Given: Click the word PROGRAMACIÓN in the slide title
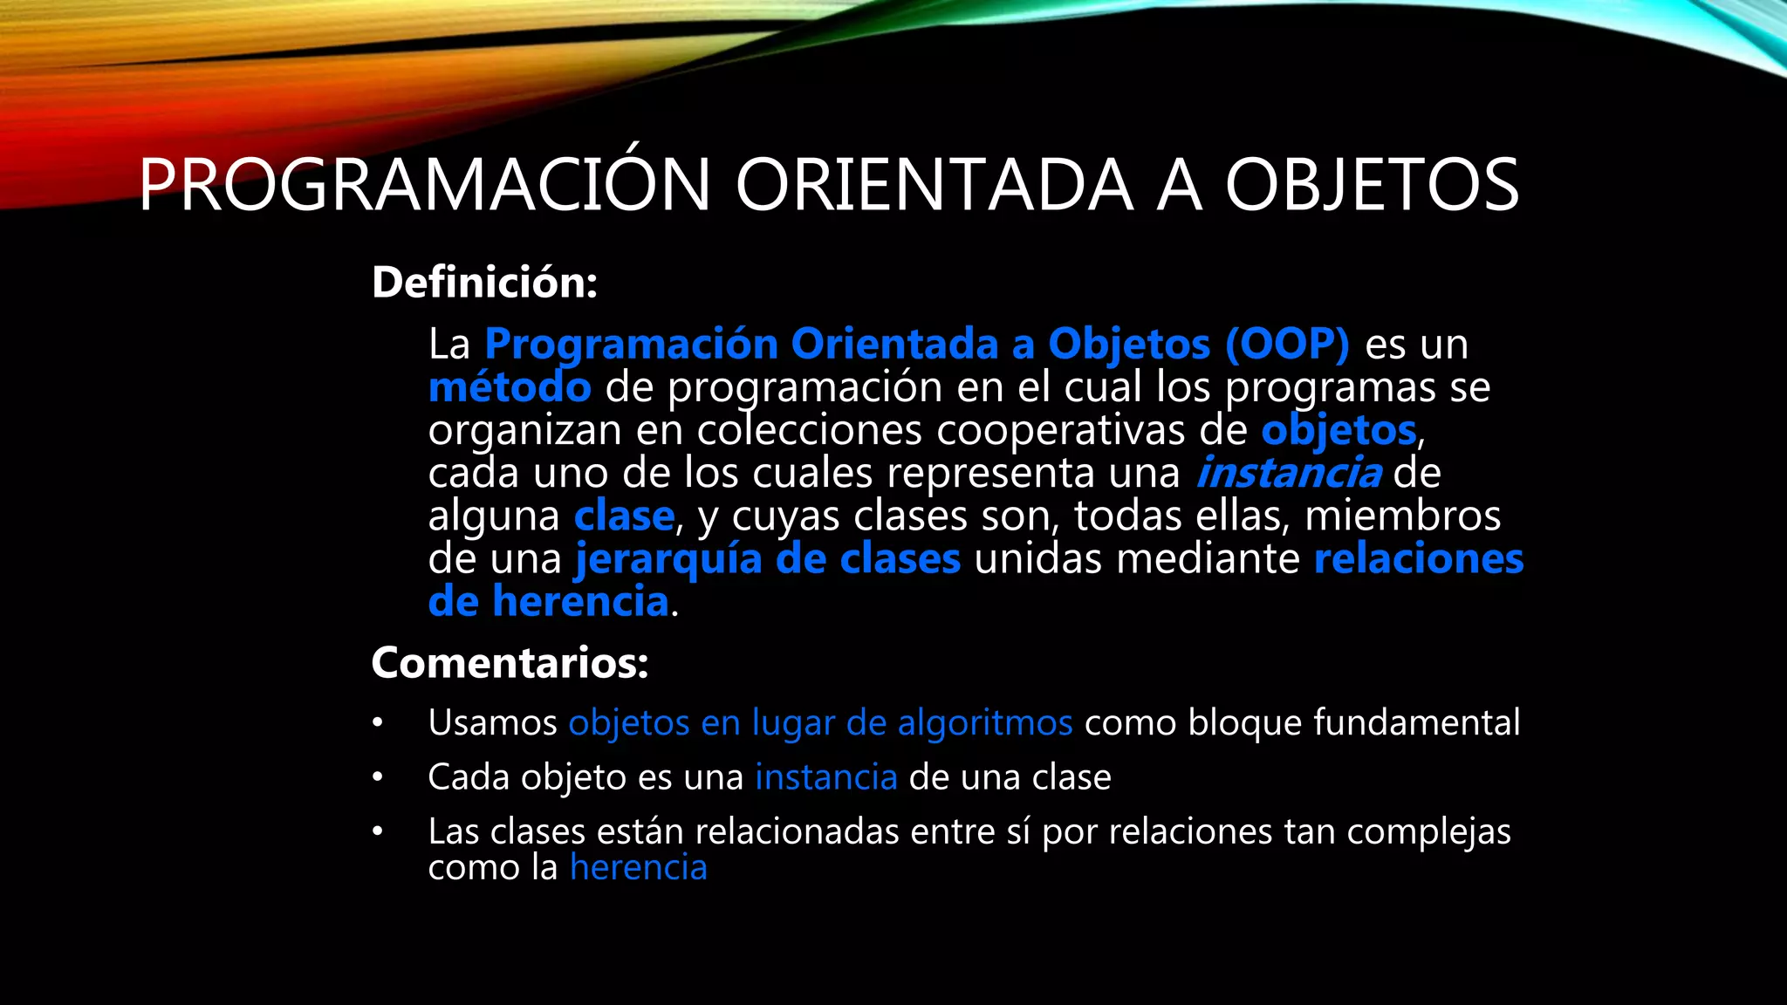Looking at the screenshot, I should (x=424, y=185).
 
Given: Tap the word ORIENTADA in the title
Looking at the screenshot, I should (x=934, y=185).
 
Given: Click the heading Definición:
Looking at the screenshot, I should (x=484, y=283).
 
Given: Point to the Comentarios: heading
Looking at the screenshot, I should (x=510, y=663).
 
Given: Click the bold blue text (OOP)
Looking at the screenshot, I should (x=1287, y=344).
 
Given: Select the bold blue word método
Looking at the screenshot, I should (x=510, y=387).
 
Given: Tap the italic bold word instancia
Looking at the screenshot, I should (x=1288, y=474).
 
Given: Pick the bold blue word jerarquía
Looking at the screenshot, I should (x=668, y=559).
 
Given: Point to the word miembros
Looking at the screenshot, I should (x=1402, y=516).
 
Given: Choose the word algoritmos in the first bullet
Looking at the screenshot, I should (x=985, y=723).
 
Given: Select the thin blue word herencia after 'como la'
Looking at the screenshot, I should (x=638, y=868).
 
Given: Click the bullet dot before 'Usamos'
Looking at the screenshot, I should (x=377, y=723).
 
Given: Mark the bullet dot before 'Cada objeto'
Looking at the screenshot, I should (x=377, y=777).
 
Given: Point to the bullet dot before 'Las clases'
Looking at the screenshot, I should (x=377, y=831).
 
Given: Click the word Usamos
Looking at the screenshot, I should (x=492, y=723).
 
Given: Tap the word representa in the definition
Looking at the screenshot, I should (x=990, y=474).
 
